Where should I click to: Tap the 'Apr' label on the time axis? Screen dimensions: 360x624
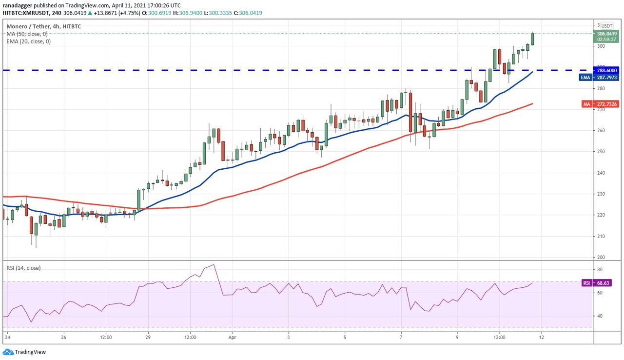click(x=232, y=337)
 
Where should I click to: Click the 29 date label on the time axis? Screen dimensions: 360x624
click(x=148, y=337)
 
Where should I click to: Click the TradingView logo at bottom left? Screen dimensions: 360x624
click(x=24, y=352)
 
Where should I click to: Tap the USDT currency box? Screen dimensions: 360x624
click(x=606, y=25)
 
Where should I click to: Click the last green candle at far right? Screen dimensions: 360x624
click(x=532, y=39)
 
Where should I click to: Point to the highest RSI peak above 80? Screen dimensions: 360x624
click(x=213, y=265)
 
